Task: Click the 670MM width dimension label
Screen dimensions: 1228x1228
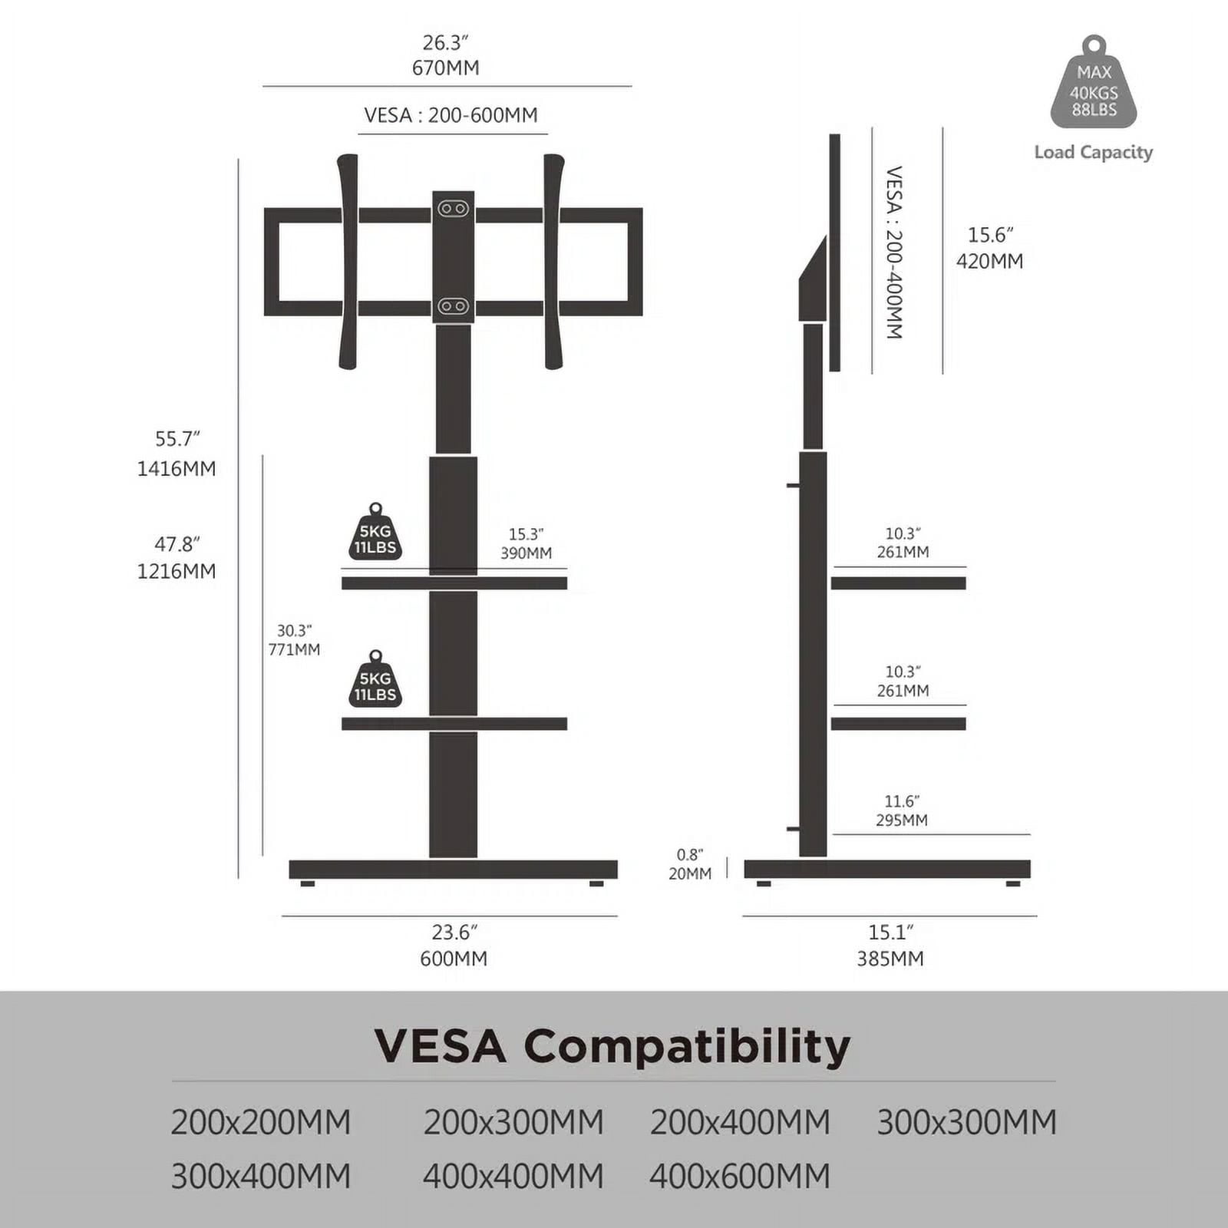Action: [x=446, y=68]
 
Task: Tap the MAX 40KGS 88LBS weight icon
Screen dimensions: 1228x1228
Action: [x=1094, y=83]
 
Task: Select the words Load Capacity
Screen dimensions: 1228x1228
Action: [x=1094, y=152]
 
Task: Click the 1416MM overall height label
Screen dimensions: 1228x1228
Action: [x=177, y=468]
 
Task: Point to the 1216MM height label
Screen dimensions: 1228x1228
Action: [x=177, y=571]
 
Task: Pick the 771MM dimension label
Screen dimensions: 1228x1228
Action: [x=294, y=649]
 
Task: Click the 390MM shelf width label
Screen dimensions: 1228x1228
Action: [x=527, y=553]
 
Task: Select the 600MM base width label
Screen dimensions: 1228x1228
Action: [x=454, y=959]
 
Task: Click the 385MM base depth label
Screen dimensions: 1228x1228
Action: [x=890, y=959]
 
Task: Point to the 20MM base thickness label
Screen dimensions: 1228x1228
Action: [x=690, y=873]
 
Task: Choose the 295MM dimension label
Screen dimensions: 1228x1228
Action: [x=902, y=820]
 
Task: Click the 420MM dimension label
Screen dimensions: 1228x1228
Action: [x=990, y=261]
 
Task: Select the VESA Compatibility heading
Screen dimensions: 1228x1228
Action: [x=612, y=1045]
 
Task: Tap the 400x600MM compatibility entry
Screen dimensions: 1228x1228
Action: [x=740, y=1177]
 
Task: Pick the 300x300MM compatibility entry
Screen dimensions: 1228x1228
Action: [x=967, y=1123]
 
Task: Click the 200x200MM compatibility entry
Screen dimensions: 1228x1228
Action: [x=261, y=1123]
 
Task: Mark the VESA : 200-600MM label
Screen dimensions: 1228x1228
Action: [x=451, y=115]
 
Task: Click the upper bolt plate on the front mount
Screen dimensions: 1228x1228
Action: [x=453, y=209]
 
